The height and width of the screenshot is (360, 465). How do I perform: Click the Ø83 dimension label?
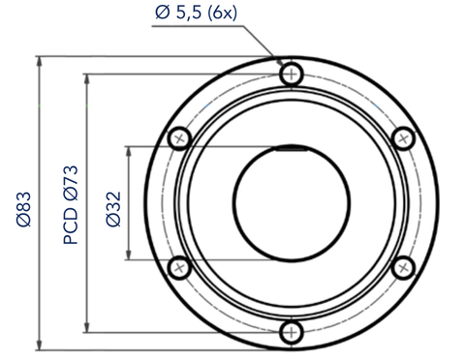click(24, 210)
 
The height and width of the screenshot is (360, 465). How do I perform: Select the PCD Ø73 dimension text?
click(71, 205)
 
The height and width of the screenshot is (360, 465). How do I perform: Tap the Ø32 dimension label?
click(113, 209)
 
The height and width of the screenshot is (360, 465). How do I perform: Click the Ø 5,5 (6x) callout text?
click(196, 13)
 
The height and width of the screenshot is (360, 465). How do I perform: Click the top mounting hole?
click(292, 75)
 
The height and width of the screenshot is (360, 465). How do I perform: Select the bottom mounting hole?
click(292, 332)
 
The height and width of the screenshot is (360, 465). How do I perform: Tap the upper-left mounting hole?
click(179, 138)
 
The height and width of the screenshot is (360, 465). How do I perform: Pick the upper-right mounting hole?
click(403, 138)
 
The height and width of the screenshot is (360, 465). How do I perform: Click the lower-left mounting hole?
click(179, 268)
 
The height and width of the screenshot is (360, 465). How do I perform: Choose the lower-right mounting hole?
click(403, 268)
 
